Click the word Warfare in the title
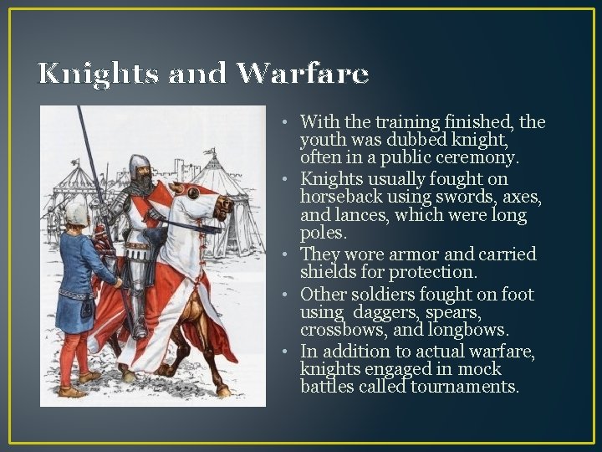[302, 74]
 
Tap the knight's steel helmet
[139, 164]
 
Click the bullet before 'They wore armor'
[284, 254]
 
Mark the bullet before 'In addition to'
[284, 350]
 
